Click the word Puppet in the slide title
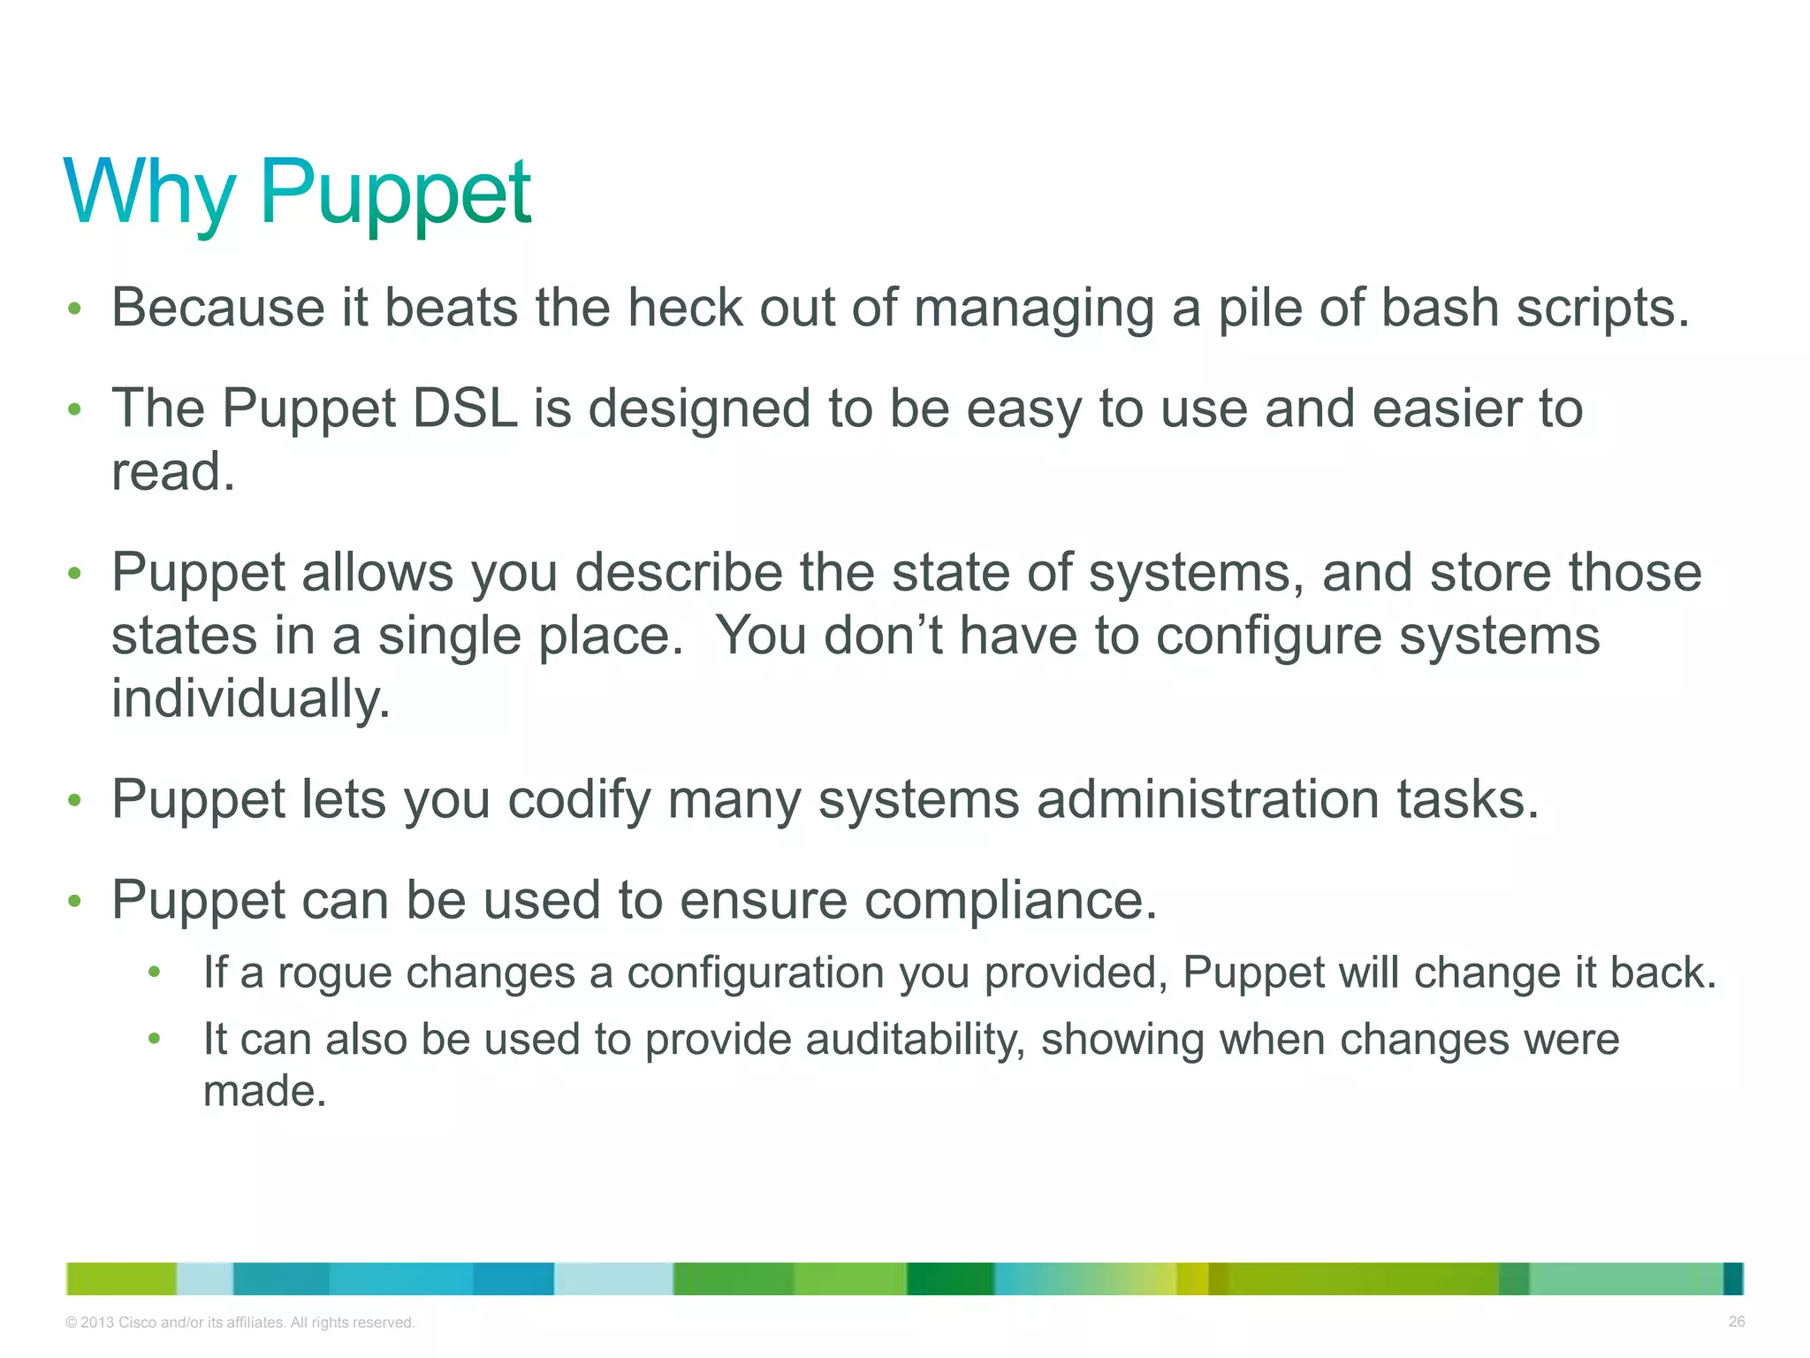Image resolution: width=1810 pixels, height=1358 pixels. coord(394,192)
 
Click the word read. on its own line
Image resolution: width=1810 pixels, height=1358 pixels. coord(173,471)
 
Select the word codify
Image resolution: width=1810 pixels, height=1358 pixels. coord(579,799)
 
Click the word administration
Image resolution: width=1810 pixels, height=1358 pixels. coord(1207,799)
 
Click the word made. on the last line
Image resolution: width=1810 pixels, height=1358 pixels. coord(264,1091)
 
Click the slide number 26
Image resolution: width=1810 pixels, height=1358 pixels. coord(1736,1322)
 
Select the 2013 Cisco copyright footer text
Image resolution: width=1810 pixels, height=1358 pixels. coord(240,1323)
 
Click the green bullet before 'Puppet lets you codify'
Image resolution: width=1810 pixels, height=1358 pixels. coord(75,800)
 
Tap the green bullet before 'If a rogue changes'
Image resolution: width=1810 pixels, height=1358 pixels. coord(155,973)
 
